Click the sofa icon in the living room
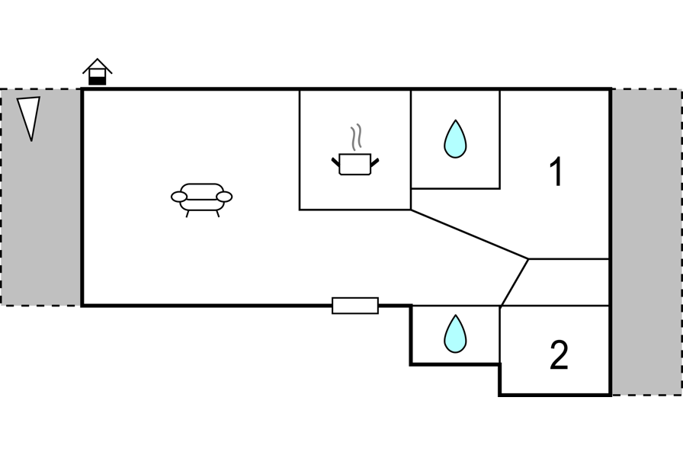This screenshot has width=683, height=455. pyautogui.click(x=201, y=197)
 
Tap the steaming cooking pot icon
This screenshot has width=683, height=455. pyautogui.click(x=355, y=163)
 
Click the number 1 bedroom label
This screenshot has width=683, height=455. pyautogui.click(x=557, y=172)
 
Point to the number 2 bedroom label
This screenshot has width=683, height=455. pyautogui.click(x=559, y=355)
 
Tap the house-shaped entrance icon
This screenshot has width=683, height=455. pyautogui.click(x=98, y=72)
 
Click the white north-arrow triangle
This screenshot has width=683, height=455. pyautogui.click(x=29, y=117)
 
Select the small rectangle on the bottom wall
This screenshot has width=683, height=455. pyautogui.click(x=355, y=306)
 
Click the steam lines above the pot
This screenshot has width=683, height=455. pyautogui.click(x=355, y=139)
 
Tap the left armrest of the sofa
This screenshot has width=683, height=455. pyautogui.click(x=179, y=197)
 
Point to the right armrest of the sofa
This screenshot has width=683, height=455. pyautogui.click(x=224, y=197)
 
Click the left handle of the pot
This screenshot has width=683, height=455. pyautogui.click(x=335, y=162)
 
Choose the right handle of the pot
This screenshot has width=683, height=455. pyautogui.click(x=374, y=162)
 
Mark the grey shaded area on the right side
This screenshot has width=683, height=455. pyautogui.click(x=646, y=241)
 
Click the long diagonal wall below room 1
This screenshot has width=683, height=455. pyautogui.click(x=470, y=234)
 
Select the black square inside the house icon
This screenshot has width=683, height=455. pyautogui.click(x=98, y=79)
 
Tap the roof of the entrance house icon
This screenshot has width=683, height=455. pyautogui.click(x=98, y=64)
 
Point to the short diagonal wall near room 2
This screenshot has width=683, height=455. pyautogui.click(x=515, y=282)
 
